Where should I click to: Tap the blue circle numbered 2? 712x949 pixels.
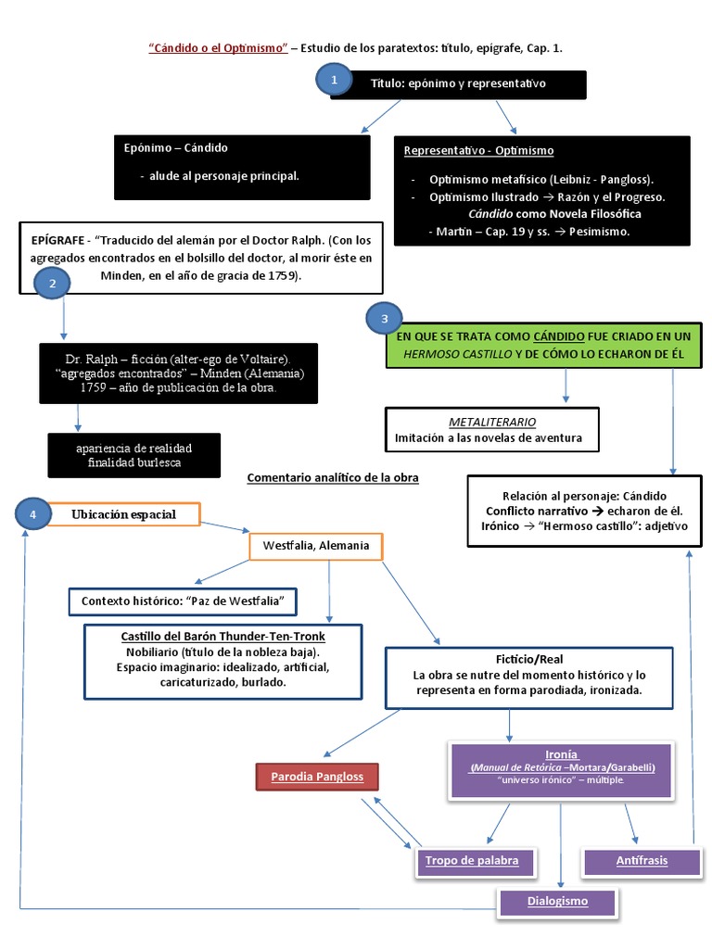53,284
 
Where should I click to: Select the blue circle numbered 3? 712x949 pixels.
385,320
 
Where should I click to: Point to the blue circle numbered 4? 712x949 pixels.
33,513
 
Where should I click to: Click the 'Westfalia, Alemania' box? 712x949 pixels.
316,545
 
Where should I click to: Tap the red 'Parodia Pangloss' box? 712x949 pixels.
316,775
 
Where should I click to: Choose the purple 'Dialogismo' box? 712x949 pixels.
556,900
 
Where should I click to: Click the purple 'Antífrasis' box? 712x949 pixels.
641,861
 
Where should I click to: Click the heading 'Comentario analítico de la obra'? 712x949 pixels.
333,478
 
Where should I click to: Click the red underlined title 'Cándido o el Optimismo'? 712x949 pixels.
218,47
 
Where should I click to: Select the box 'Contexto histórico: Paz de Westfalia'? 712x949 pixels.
182,601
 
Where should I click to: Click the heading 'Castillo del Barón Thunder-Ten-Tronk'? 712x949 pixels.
222,637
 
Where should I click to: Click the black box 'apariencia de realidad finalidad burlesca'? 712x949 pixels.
134,454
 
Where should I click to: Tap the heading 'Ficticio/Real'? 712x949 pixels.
529,659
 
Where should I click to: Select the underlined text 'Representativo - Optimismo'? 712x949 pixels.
479,150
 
